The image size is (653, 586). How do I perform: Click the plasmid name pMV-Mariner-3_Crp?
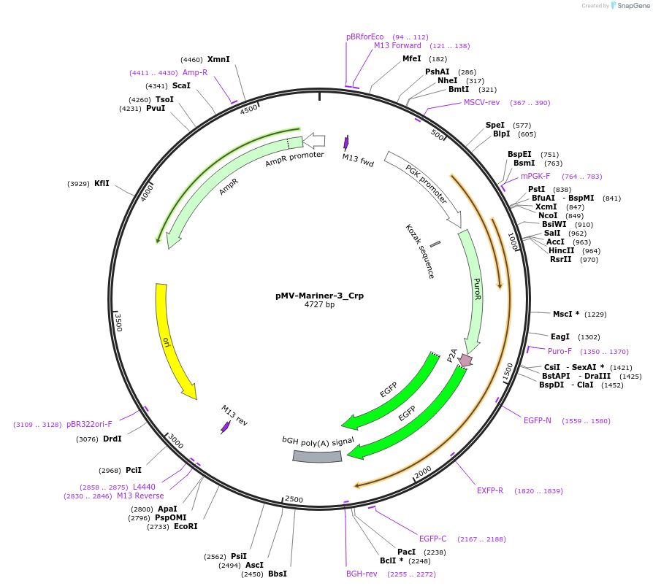[319, 296]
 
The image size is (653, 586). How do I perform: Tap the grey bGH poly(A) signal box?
[317, 456]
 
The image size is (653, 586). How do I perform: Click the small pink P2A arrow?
[465, 360]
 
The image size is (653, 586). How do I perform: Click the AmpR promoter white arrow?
[314, 139]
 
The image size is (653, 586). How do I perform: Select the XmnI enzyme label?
[218, 59]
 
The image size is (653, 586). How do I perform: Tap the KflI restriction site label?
[102, 183]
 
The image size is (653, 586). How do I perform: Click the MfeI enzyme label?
[412, 58]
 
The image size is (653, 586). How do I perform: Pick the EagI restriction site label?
[560, 336]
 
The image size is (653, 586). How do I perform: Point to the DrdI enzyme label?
[112, 439]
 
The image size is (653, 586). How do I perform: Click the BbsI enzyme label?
[278, 574]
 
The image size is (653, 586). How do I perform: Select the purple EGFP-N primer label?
[537, 420]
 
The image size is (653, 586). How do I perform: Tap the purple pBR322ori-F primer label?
[89, 424]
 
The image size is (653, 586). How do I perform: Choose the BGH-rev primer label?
[362, 574]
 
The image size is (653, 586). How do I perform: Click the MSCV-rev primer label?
[481, 102]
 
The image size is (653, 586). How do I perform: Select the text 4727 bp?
[319, 305]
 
